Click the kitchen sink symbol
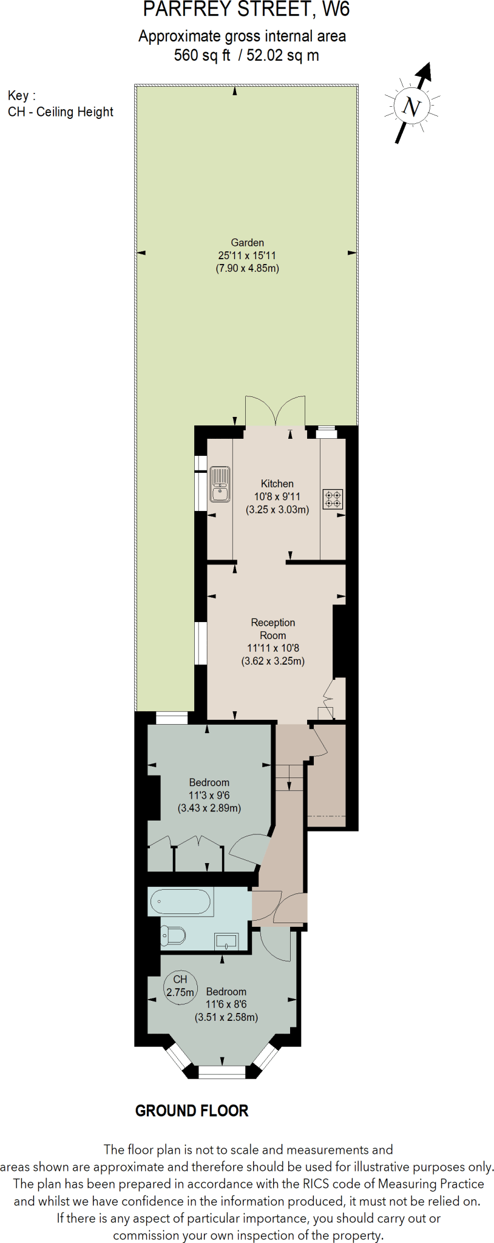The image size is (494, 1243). click(x=220, y=484)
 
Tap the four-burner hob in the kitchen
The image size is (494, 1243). click(x=333, y=499)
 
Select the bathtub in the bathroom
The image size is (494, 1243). click(x=180, y=902)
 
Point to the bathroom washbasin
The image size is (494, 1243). click(x=226, y=942)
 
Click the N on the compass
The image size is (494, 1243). click(x=411, y=107)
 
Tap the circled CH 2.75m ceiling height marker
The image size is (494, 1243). click(x=180, y=986)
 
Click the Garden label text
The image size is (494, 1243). click(x=247, y=242)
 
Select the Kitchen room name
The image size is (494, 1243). click(x=277, y=484)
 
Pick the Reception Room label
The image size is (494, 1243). click(x=273, y=629)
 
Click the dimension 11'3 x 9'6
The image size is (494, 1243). click(x=209, y=795)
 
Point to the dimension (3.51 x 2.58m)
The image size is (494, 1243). click(x=226, y=1017)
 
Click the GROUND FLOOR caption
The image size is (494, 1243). click(x=192, y=1111)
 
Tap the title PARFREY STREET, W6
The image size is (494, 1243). click(x=246, y=10)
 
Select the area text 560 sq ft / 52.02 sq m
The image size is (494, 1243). click(x=246, y=56)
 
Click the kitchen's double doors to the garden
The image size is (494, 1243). click(x=275, y=412)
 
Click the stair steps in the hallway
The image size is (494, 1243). click(x=289, y=777)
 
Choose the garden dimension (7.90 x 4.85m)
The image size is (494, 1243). click(x=247, y=268)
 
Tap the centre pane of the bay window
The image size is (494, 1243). click(x=222, y=1072)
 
